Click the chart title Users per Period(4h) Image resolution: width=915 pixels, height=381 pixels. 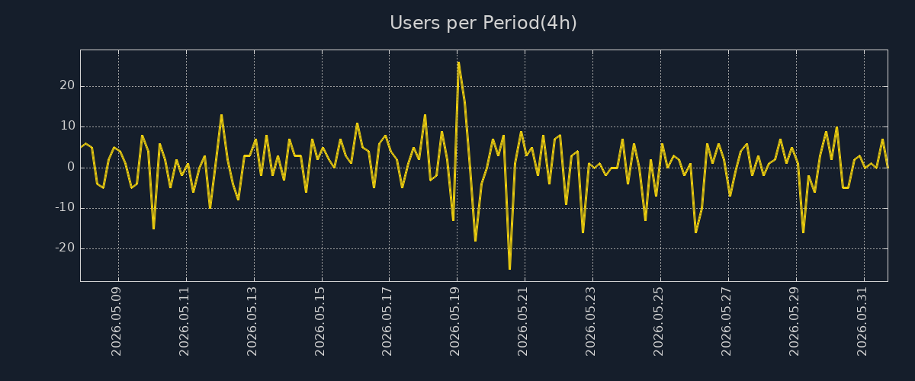pos(483,23)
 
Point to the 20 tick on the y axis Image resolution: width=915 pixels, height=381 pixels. pos(67,85)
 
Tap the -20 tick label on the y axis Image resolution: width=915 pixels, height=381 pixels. pos(65,248)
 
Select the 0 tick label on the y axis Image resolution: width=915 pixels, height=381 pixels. pos(71,167)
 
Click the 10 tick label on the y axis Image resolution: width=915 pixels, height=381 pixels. pos(68,126)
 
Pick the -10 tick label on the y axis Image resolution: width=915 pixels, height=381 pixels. pos(65,207)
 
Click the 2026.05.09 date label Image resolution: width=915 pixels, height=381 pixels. pos(117,322)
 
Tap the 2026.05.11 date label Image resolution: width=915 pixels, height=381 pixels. pos(185,322)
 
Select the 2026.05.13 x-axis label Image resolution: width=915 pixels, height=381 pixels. pos(252,322)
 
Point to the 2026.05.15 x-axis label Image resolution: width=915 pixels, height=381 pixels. pos(319,322)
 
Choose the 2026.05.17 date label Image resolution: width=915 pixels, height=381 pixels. pos(387,322)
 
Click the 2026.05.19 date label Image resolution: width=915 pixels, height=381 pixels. pos(454,322)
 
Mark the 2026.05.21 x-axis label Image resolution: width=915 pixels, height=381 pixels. pos(522,322)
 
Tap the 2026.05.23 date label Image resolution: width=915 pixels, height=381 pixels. pos(590,322)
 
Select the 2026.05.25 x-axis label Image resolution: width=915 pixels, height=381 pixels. pos(658,322)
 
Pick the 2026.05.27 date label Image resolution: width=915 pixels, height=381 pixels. pos(726,322)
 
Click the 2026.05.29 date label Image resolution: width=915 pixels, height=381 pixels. pos(794,322)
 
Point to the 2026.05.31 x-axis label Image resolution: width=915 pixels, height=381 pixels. pos(862,322)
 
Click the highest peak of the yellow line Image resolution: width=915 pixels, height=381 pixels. pos(459,62)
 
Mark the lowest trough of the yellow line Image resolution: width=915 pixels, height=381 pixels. pos(510,269)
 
